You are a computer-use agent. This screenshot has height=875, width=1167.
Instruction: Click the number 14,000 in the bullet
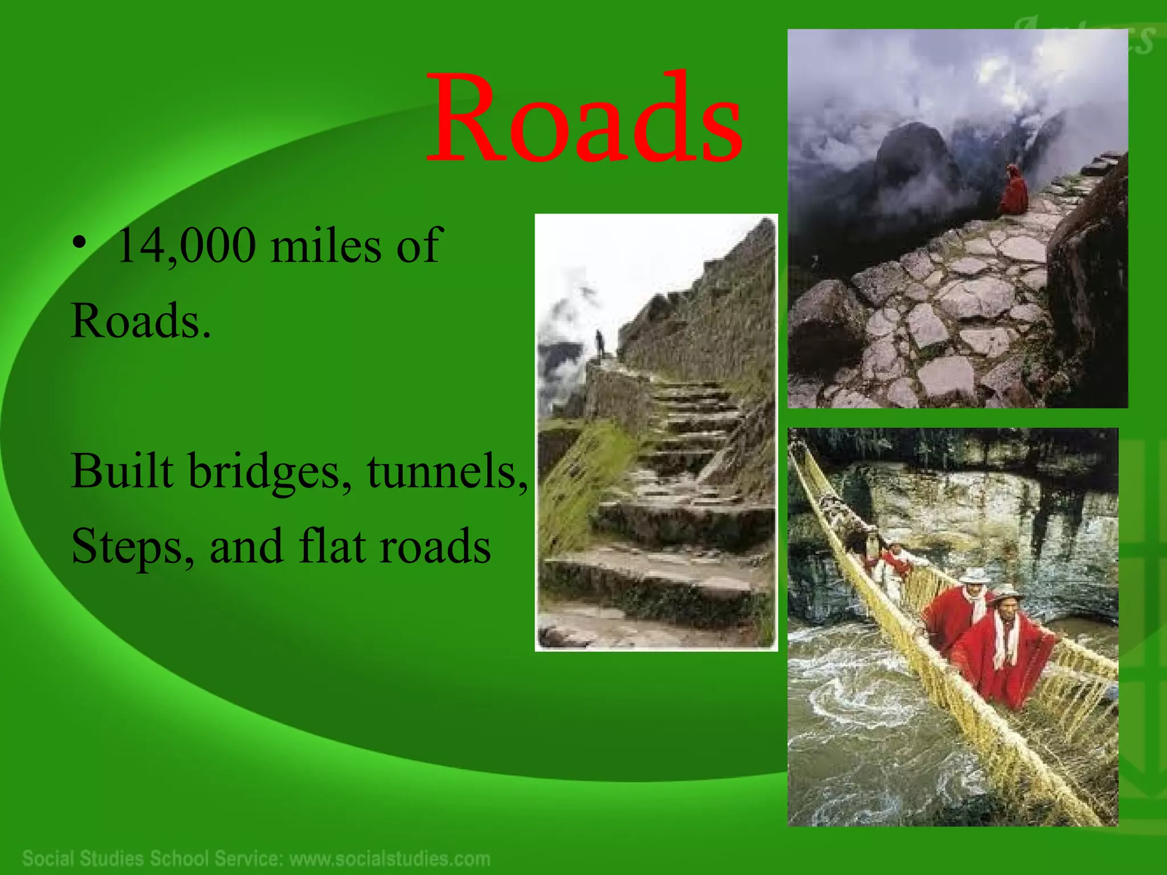(186, 246)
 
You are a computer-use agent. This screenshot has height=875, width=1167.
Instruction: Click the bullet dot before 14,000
(80, 244)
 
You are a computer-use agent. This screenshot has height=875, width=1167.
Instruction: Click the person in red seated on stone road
(1014, 191)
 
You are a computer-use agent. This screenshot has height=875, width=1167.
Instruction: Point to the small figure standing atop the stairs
(600, 343)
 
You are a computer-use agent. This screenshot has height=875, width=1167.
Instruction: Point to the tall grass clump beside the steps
(581, 484)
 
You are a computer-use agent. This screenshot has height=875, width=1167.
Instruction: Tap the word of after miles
(419, 246)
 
